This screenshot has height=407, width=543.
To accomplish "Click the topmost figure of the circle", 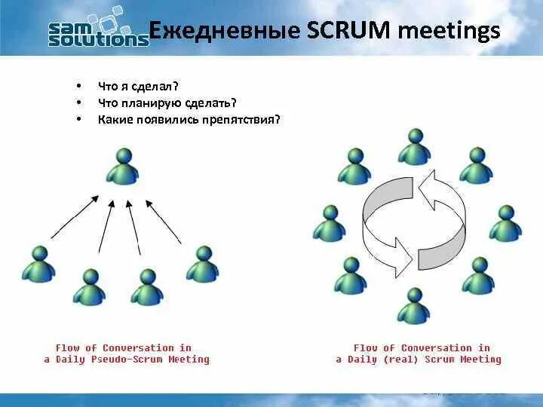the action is [413, 147].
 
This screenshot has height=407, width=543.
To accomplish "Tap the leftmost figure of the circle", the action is [329, 223].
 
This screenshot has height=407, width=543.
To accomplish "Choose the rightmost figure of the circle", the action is [505, 223].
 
